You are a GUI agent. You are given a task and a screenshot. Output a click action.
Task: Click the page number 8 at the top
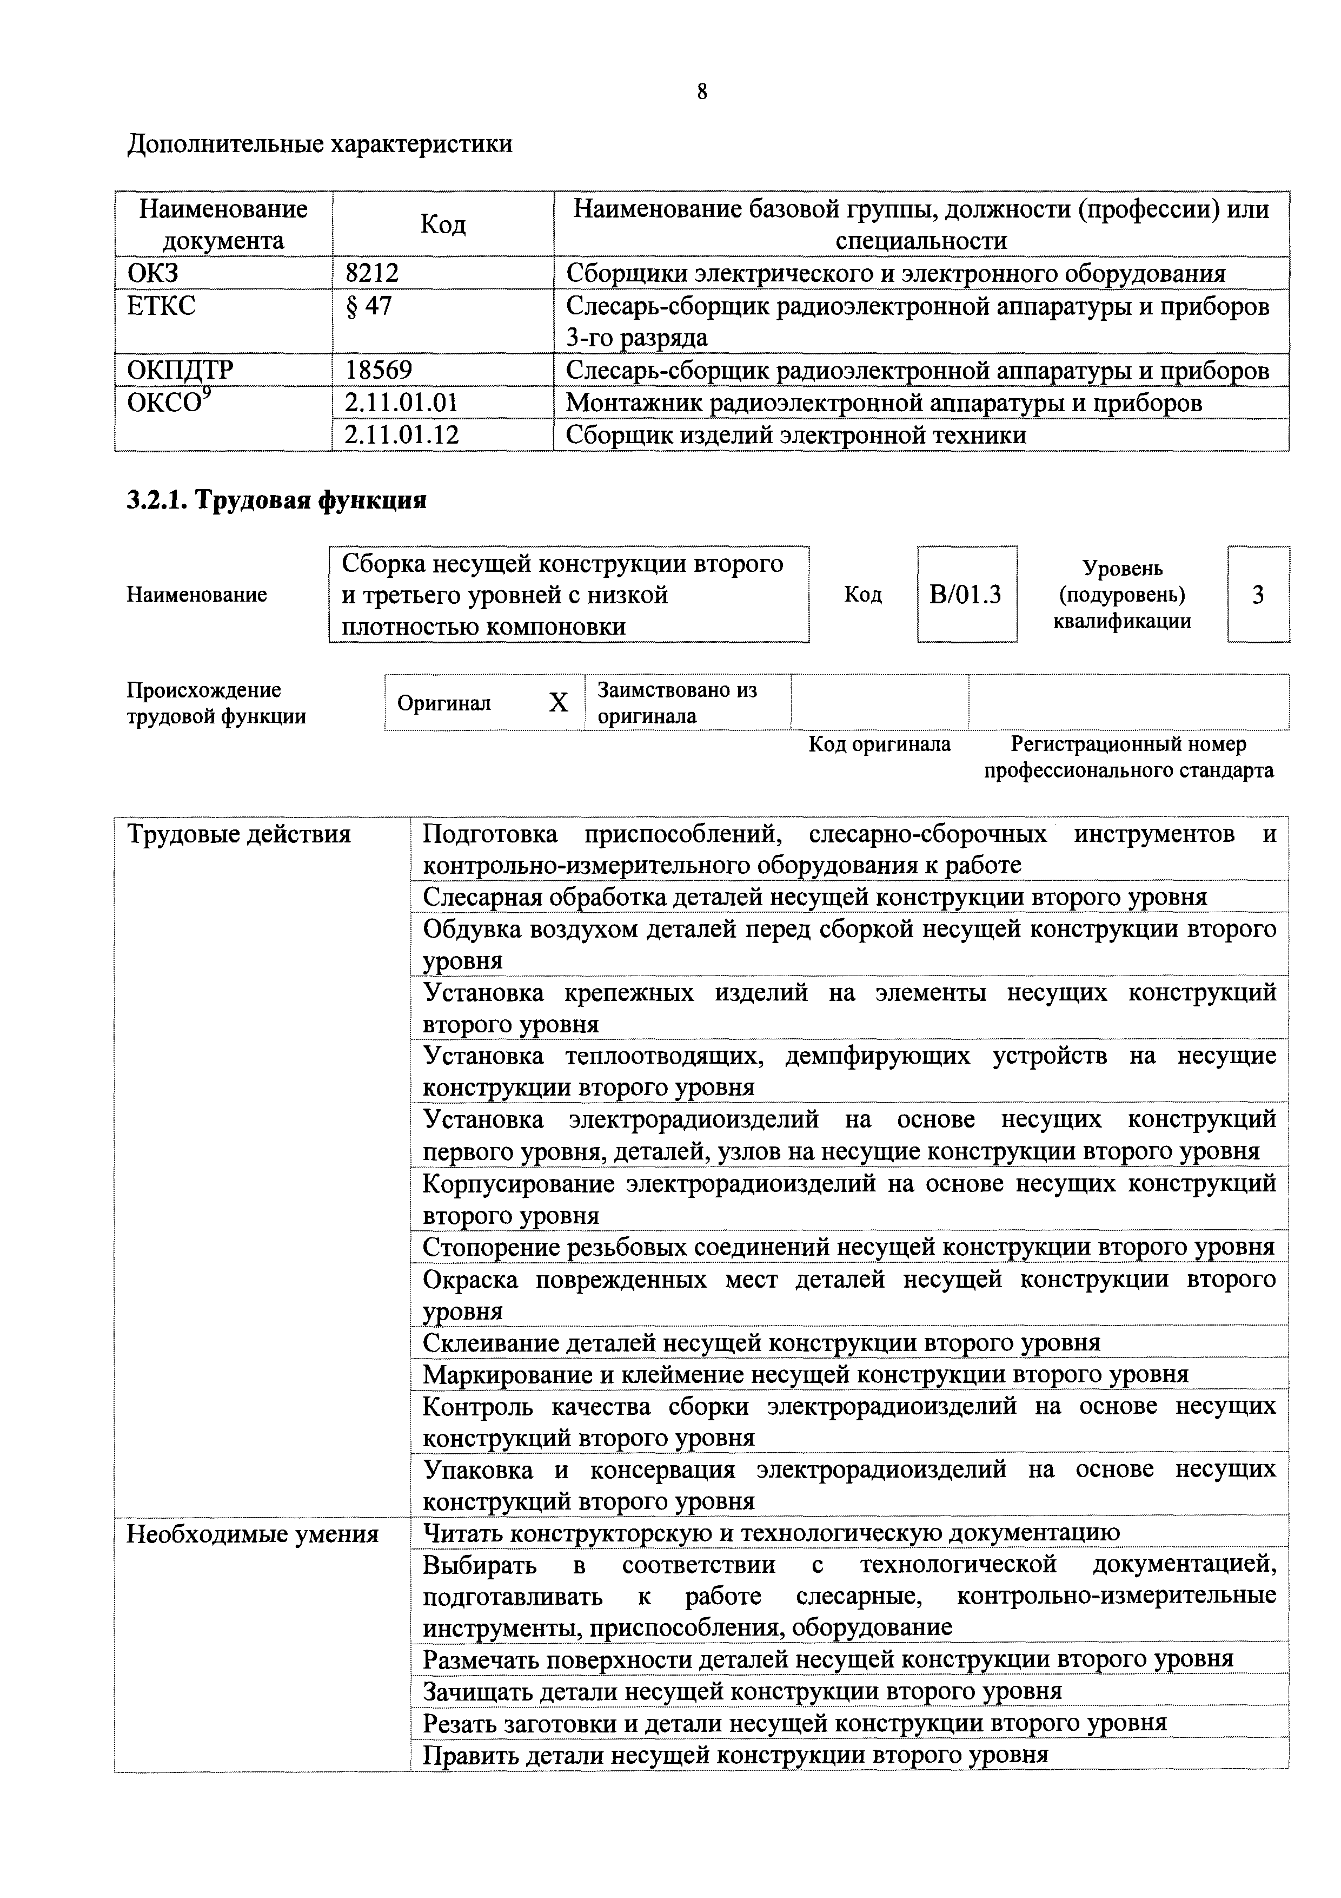(x=701, y=92)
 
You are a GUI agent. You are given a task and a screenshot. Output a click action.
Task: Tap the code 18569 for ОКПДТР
(x=379, y=370)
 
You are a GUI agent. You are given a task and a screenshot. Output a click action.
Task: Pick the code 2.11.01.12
(x=402, y=435)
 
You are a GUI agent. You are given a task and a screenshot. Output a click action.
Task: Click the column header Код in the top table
(x=443, y=224)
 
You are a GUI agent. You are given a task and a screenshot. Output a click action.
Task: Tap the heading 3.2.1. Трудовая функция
(x=276, y=500)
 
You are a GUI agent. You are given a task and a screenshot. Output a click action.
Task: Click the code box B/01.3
(x=965, y=595)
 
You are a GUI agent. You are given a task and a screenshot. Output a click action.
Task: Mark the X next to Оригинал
(x=559, y=703)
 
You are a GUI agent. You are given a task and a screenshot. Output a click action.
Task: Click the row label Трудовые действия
(x=239, y=835)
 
